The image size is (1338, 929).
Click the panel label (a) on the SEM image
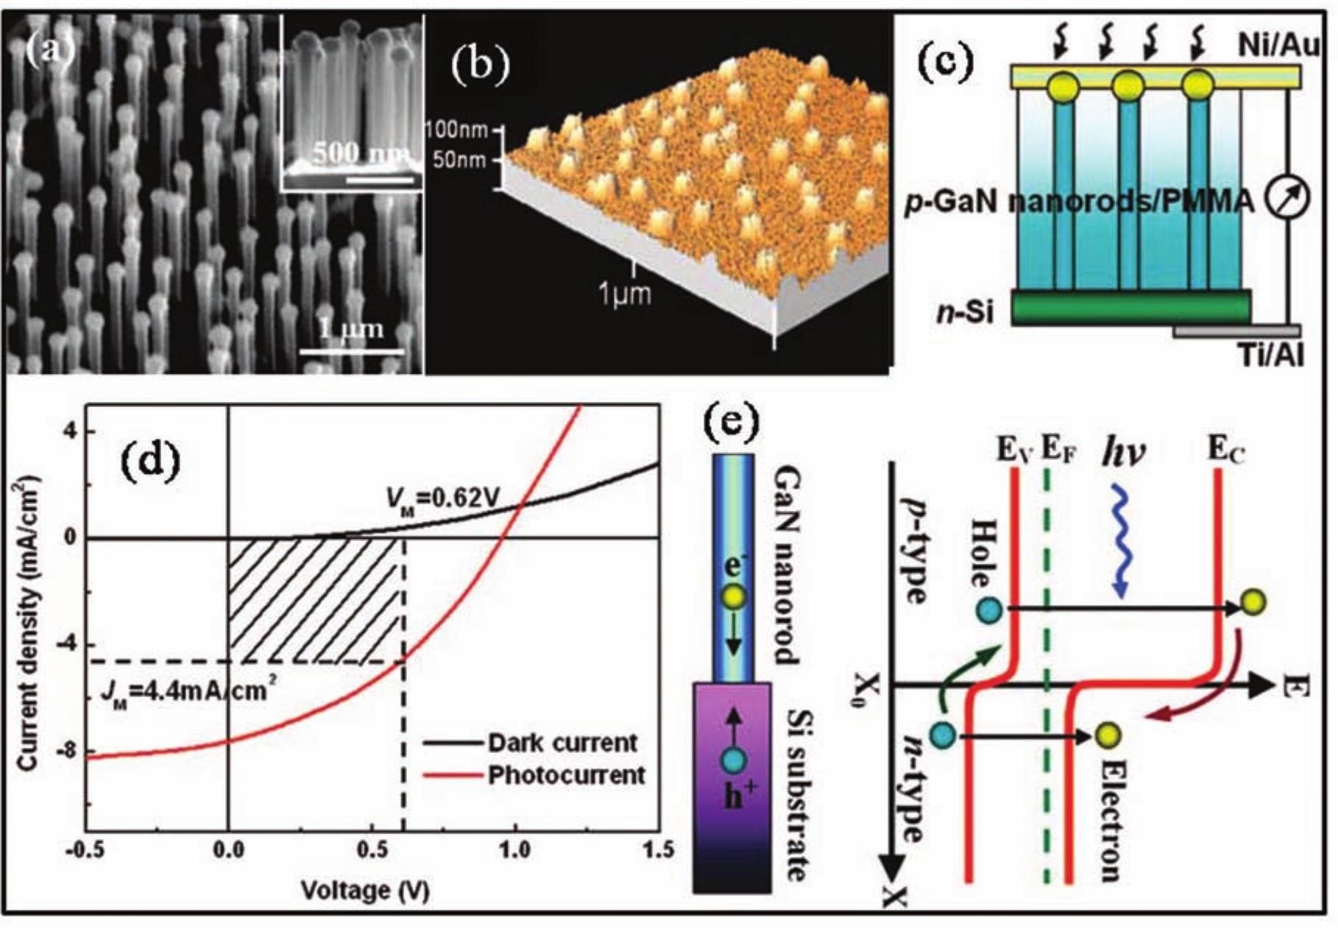coord(50,51)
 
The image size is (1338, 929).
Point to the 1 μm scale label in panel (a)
coord(352,328)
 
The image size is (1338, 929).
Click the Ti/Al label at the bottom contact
coord(1270,356)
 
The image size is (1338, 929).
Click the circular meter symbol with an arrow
coord(1287,199)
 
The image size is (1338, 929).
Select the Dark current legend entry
coord(562,742)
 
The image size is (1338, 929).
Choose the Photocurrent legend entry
coord(567,775)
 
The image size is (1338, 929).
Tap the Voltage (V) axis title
coord(365,891)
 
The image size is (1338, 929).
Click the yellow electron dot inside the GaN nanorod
coord(734,598)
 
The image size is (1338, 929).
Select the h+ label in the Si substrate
coord(734,798)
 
